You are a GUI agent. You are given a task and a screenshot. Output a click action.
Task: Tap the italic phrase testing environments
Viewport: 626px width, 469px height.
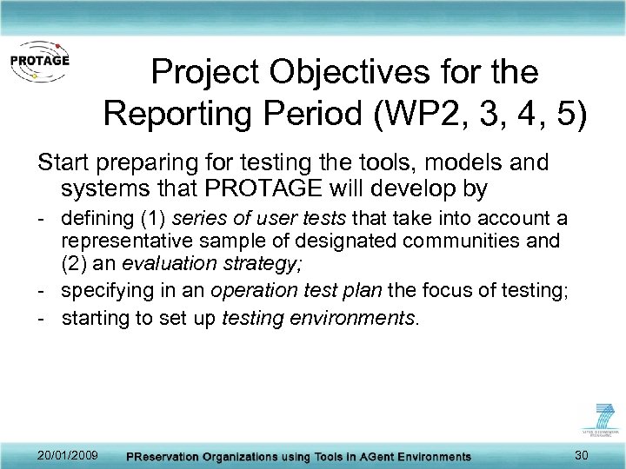[x=320, y=318]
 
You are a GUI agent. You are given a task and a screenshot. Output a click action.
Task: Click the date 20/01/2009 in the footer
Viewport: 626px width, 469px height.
[x=68, y=456]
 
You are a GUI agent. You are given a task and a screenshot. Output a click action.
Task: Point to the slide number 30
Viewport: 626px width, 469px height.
[x=581, y=456]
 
